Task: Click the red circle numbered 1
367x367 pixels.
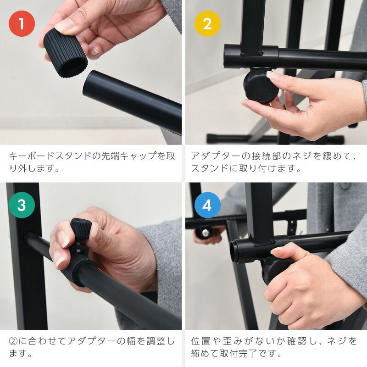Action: point(22,24)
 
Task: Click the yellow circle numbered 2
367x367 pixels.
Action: point(207,24)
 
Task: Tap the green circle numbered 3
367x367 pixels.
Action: point(22,205)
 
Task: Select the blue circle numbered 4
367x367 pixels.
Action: point(207,205)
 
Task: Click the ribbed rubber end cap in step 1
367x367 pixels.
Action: point(65,53)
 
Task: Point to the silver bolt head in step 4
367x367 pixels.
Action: point(206,233)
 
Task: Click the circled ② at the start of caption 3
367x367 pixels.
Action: point(13,341)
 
